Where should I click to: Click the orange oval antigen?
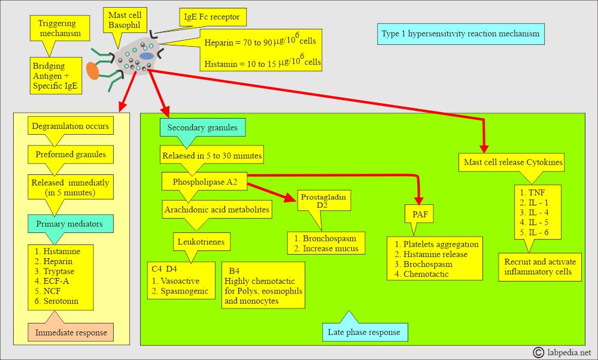[x=93, y=69]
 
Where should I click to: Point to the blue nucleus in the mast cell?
[x=147, y=56]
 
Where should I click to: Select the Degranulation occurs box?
[x=71, y=126]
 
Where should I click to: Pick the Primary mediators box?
[x=71, y=224]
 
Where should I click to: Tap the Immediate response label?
[x=71, y=332]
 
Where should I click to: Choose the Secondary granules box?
[x=202, y=127]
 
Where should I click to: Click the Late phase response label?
[x=363, y=331]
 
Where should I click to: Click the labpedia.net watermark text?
[x=568, y=352]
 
